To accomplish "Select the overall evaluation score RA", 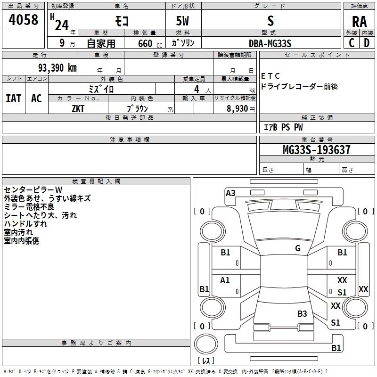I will tap(359, 21).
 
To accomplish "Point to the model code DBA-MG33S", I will tap(270, 43).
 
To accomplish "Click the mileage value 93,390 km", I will tap(57, 67).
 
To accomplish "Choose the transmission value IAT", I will tap(13, 98).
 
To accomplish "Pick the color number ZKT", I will tap(78, 108).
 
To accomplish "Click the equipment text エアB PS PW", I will tap(283, 127).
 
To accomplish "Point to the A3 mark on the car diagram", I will tap(230, 193).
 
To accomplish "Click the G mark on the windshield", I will tap(298, 248).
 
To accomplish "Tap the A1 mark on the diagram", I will tap(225, 280).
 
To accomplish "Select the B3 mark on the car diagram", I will tap(302, 313).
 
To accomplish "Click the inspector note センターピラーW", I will tap(30, 189).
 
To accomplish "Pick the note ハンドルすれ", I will tap(25, 224).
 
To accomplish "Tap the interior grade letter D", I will tap(367, 43).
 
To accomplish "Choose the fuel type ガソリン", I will tap(184, 43).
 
